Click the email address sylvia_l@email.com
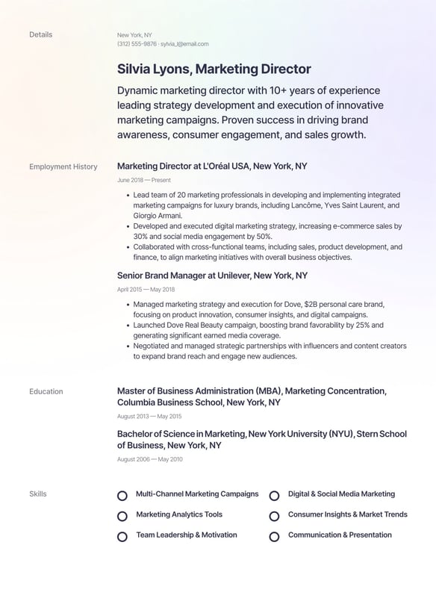pyautogui.click(x=184, y=44)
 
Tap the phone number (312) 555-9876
pyautogui.click(x=137, y=44)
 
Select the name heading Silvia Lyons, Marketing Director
pyautogui.click(x=214, y=69)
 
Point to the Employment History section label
pyautogui.click(x=63, y=167)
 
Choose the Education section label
pyautogui.click(x=46, y=391)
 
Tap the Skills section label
pyautogui.click(x=37, y=494)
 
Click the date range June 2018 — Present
pyautogui.click(x=144, y=180)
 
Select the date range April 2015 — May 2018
pyautogui.click(x=146, y=289)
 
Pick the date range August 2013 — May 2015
pyautogui.click(x=149, y=416)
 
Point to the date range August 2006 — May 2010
pyautogui.click(x=149, y=459)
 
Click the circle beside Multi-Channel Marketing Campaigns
pyautogui.click(x=122, y=495)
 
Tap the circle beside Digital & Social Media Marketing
pyautogui.click(x=274, y=495)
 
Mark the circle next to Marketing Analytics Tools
pyautogui.click(x=122, y=516)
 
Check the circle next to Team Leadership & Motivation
pyautogui.click(x=122, y=536)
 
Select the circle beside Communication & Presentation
pyautogui.click(x=274, y=536)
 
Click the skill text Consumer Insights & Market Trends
pyautogui.click(x=347, y=514)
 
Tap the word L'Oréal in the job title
pyautogui.click(x=221, y=167)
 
